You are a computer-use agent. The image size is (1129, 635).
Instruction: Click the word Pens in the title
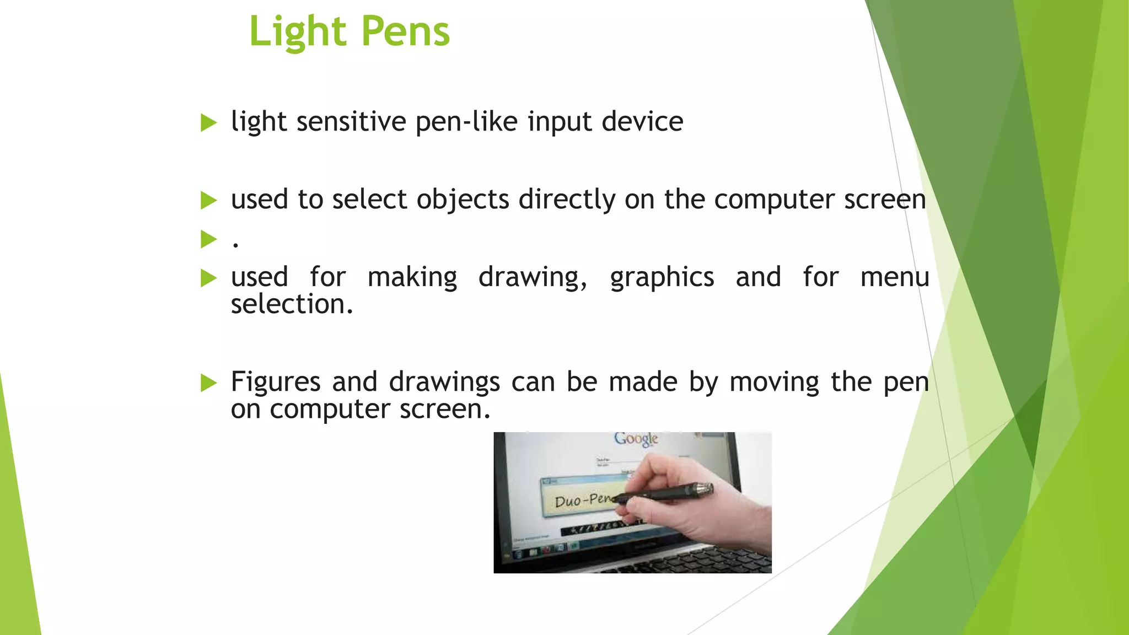[x=406, y=31]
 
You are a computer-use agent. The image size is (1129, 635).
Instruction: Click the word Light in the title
[x=297, y=31]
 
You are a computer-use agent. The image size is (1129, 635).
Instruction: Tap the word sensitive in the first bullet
[x=351, y=121]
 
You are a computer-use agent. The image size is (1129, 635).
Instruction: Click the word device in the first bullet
[x=642, y=121]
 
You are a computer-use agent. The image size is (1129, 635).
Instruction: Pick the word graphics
[x=662, y=277]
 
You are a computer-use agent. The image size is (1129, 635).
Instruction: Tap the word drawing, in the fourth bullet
[x=533, y=277]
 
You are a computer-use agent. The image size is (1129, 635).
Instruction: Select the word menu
[x=894, y=277]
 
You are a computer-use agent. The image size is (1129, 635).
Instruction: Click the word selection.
[x=292, y=304]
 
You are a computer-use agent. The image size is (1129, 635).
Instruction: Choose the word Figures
[x=276, y=381]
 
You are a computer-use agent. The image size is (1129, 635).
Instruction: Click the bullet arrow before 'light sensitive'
[x=208, y=122]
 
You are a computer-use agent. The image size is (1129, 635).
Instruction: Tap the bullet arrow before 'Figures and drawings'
[x=208, y=383]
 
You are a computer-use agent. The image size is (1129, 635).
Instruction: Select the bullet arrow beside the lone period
[x=208, y=239]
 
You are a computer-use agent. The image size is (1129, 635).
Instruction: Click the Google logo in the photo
[x=636, y=439]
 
